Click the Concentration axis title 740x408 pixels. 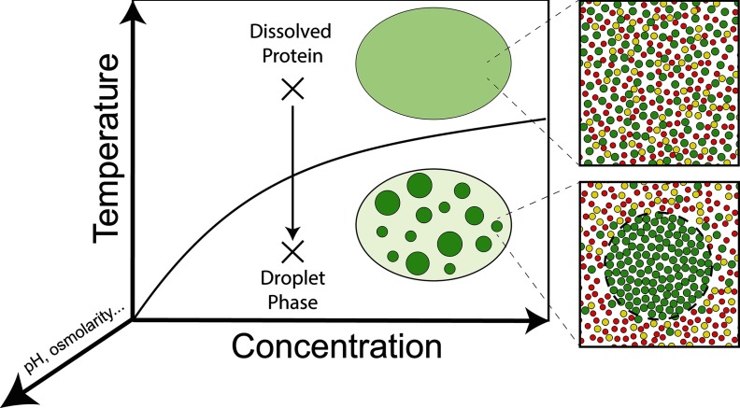click(336, 348)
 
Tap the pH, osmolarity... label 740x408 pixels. click(53, 354)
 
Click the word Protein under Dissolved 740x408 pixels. click(292, 57)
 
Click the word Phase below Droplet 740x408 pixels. click(293, 303)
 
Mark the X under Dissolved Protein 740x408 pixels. click(293, 90)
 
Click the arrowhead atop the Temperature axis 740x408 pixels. click(137, 9)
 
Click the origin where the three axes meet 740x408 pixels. click(137, 320)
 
